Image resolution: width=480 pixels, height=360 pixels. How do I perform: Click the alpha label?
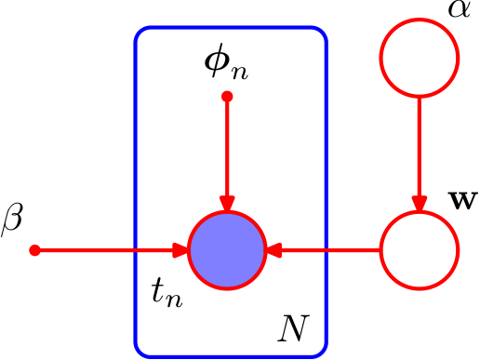tap(460, 8)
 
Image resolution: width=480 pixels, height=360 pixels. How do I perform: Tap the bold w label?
tap(462, 201)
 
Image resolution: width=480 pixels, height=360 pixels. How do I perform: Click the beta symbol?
tap(12, 220)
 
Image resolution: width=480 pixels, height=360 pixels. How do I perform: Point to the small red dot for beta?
tap(34, 250)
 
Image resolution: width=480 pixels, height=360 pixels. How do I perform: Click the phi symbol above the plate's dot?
tap(216, 60)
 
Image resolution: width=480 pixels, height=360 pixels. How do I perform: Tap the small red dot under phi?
tap(227, 97)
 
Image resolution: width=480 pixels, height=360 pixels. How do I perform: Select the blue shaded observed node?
tap(227, 250)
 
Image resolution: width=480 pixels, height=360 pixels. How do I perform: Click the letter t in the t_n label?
tap(158, 289)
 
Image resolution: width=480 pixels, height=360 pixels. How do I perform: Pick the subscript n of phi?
tap(239, 73)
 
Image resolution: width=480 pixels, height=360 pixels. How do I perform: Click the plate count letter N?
tap(293, 328)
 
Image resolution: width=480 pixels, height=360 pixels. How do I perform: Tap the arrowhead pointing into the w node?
tap(420, 204)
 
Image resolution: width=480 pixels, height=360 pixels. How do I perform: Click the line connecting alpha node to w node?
tap(420, 147)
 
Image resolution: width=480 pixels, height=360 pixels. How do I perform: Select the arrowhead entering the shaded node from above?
tap(227, 204)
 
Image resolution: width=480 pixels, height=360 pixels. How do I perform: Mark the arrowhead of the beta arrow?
tap(180, 250)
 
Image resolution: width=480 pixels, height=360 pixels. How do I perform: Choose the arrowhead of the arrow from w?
tap(273, 250)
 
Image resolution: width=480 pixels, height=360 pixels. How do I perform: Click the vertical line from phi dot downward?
tap(227, 146)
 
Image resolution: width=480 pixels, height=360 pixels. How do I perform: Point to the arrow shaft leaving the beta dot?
tap(104, 250)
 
